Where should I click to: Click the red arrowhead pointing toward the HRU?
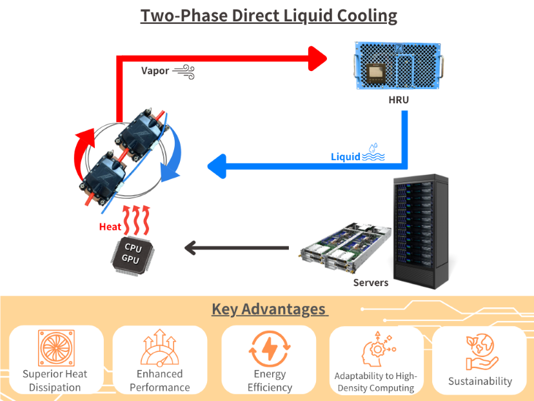[317, 59]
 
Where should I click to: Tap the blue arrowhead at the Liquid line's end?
[217, 167]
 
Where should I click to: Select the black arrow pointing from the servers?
[236, 248]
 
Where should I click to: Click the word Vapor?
[155, 71]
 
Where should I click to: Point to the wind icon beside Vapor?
[184, 72]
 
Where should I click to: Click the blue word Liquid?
[345, 157]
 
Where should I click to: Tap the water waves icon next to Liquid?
[373, 152]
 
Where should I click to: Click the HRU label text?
[399, 100]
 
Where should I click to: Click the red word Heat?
[110, 227]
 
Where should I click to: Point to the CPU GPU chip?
[132, 255]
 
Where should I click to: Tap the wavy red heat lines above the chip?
[136, 220]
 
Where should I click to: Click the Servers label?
[371, 283]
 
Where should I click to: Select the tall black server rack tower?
[421, 231]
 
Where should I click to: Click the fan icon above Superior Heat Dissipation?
[56, 348]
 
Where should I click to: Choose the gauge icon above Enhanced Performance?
[160, 347]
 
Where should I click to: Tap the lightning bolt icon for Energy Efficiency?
[270, 349]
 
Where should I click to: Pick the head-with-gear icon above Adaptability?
[378, 349]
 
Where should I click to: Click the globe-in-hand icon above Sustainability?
[480, 352]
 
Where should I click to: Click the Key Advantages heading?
[270, 309]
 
